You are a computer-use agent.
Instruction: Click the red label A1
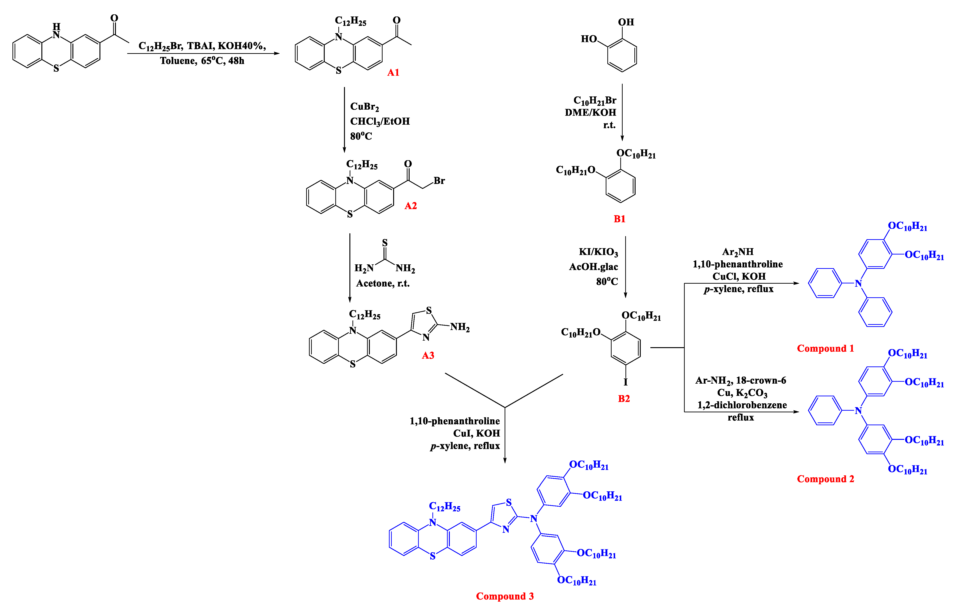click(x=393, y=72)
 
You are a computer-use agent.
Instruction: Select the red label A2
click(x=411, y=206)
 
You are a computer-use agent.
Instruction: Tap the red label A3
click(x=428, y=355)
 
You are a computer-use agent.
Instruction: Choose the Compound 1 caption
click(x=826, y=348)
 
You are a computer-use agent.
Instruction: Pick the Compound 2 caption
click(x=826, y=479)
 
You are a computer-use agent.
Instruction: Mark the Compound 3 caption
click(x=505, y=596)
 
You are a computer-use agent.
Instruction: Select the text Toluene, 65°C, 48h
click(x=202, y=61)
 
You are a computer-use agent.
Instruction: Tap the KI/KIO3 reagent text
click(x=598, y=252)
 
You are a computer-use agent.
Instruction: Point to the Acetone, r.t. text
click(x=383, y=283)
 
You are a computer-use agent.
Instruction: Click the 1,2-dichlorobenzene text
click(x=742, y=405)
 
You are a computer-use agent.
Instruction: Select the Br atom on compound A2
click(x=439, y=181)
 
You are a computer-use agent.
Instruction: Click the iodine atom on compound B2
click(x=625, y=382)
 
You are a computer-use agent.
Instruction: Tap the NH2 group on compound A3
click(x=460, y=327)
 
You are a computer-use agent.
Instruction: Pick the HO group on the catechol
click(x=589, y=39)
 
